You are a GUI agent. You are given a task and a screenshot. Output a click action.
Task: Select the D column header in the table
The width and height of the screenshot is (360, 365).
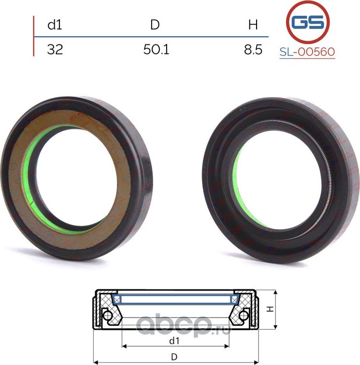(155, 25)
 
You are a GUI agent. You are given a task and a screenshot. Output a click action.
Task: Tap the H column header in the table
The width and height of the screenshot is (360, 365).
(253, 25)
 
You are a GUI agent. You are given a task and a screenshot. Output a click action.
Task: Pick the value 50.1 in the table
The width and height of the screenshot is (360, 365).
(156, 49)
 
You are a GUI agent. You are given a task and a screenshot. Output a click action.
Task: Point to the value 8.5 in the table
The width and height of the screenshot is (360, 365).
(253, 49)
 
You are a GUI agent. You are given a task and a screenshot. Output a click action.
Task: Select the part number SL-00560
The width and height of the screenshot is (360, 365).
(307, 52)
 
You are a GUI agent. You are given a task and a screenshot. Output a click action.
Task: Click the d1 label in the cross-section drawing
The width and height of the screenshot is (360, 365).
(174, 340)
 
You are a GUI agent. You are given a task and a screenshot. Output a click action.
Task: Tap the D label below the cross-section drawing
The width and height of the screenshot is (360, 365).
(174, 357)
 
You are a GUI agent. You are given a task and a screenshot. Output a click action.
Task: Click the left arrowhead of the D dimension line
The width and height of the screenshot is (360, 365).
(95, 362)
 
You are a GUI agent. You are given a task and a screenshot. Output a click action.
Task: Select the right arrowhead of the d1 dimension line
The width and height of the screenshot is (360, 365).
(228, 346)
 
